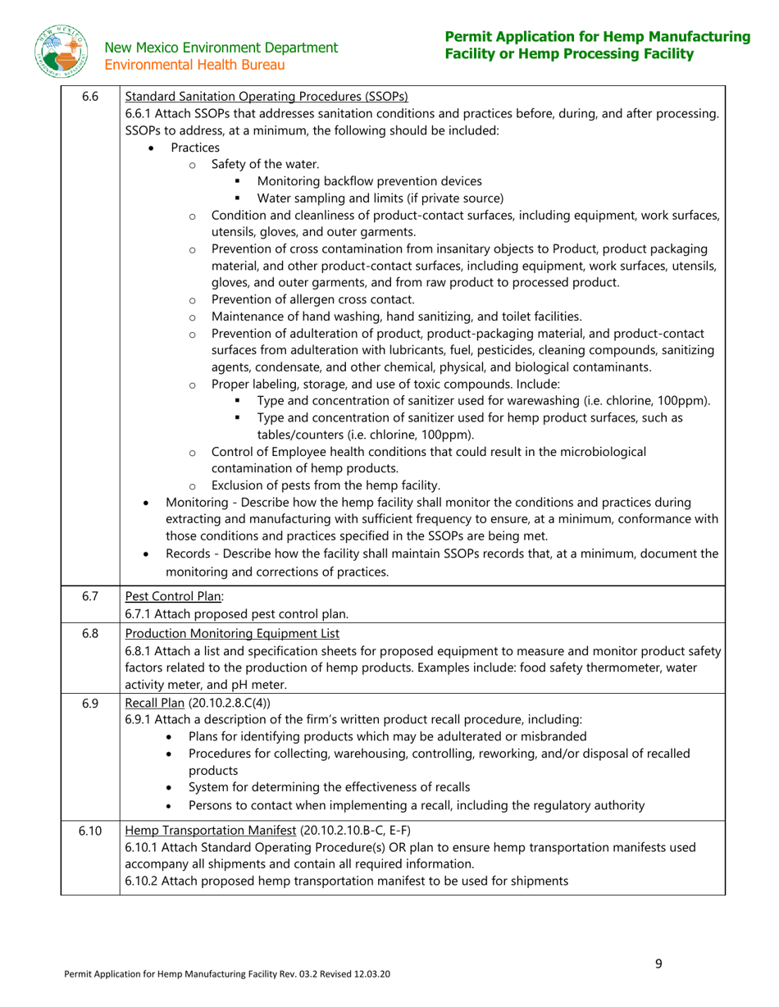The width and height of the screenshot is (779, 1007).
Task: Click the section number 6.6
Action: pyautogui.click(x=90, y=97)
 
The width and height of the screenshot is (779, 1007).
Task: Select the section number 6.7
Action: pyautogui.click(x=90, y=596)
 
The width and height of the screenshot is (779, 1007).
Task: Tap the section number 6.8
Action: pyautogui.click(x=90, y=633)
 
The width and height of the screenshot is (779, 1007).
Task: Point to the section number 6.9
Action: pyautogui.click(x=90, y=703)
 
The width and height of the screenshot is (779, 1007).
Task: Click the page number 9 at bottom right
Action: pyautogui.click(x=658, y=964)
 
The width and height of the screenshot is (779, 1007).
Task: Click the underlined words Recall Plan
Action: pyautogui.click(x=154, y=703)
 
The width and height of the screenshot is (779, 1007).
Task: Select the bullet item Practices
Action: pyautogui.click(x=195, y=148)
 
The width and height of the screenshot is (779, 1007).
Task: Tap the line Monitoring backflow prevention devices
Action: pyautogui.click(x=369, y=181)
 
